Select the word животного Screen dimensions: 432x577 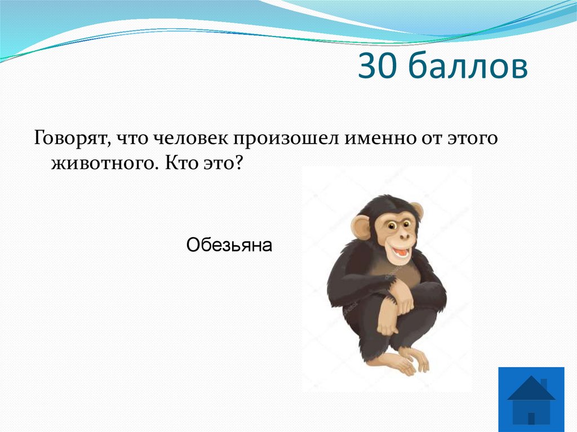click(105, 163)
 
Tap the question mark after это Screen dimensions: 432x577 click(239, 163)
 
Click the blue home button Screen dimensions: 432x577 click(531, 399)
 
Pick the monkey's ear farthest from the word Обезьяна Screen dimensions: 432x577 click(417, 212)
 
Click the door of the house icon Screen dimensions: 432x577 click(531, 417)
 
